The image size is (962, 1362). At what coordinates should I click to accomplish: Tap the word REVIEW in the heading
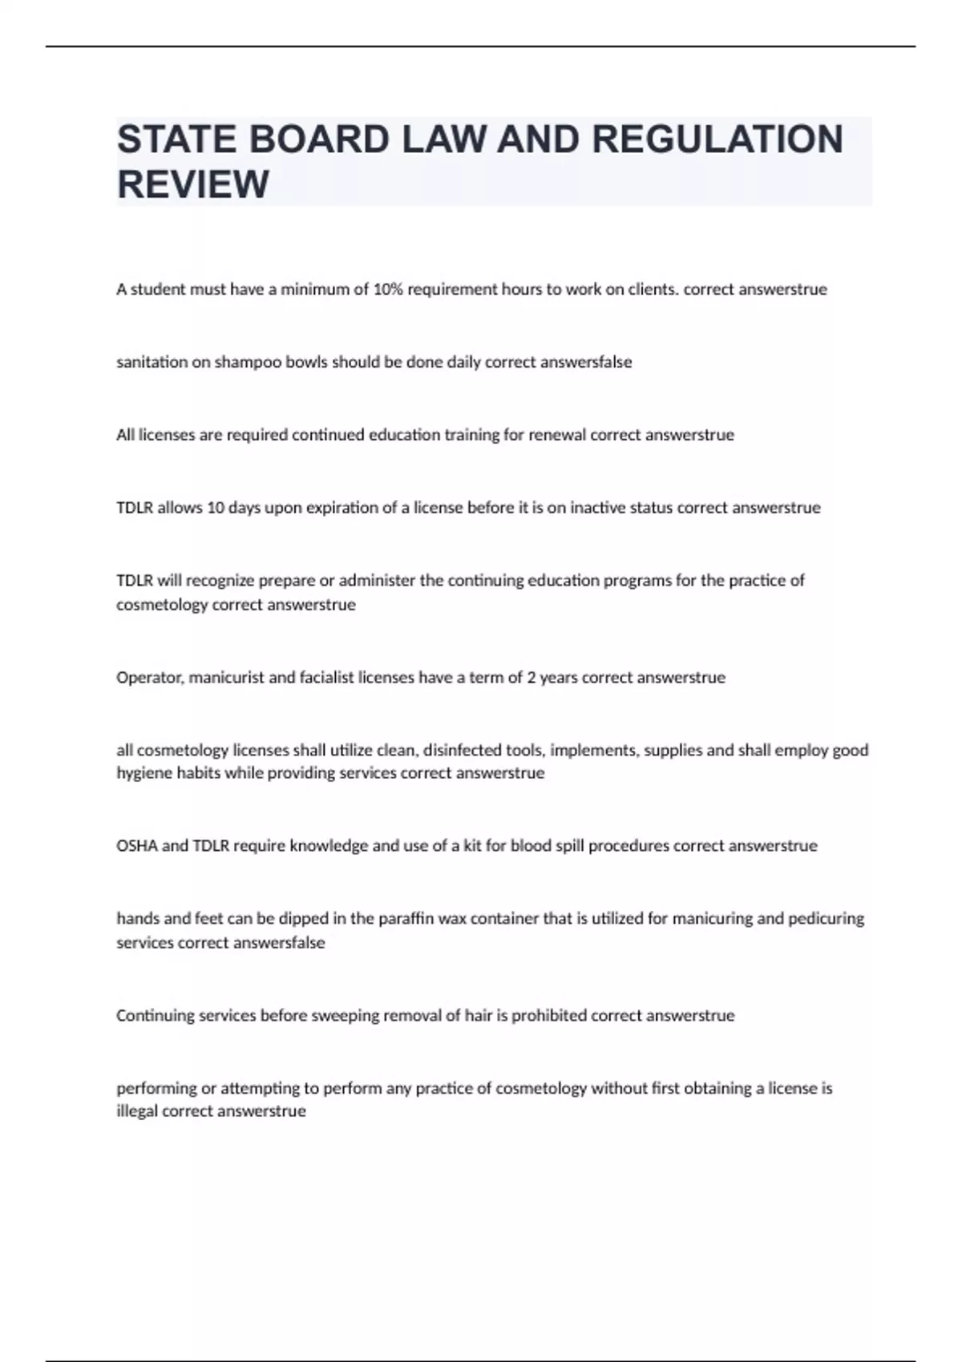click(193, 184)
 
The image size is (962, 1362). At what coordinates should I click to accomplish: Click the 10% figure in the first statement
click(389, 289)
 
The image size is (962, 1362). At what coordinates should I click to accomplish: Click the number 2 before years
click(531, 678)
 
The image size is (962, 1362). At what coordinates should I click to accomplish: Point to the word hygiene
click(142, 773)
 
